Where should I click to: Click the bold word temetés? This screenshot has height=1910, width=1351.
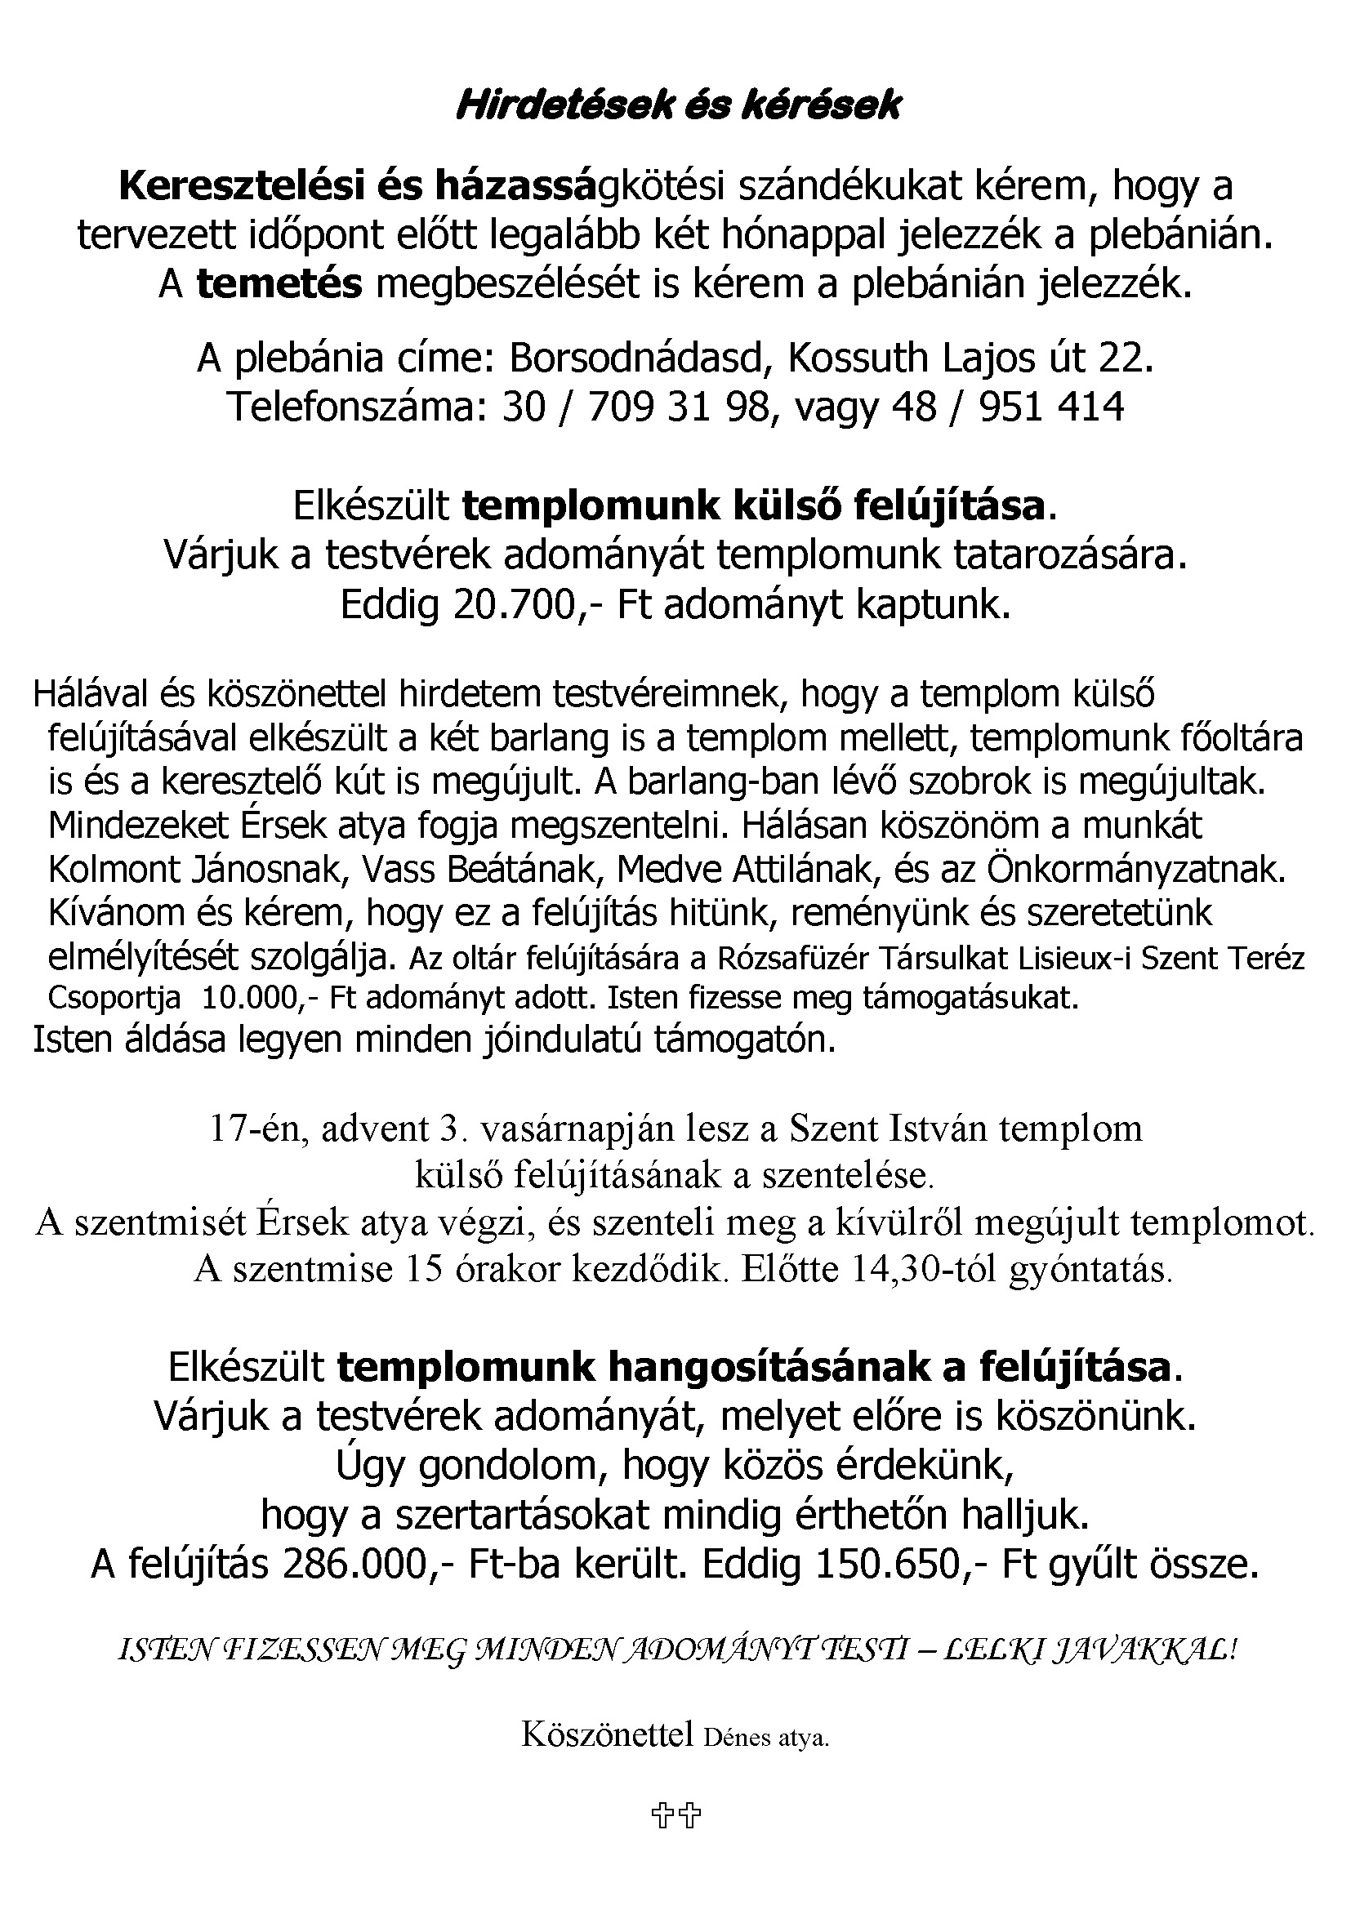tap(279, 284)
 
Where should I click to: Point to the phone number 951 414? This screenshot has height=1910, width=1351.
tap(1052, 407)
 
